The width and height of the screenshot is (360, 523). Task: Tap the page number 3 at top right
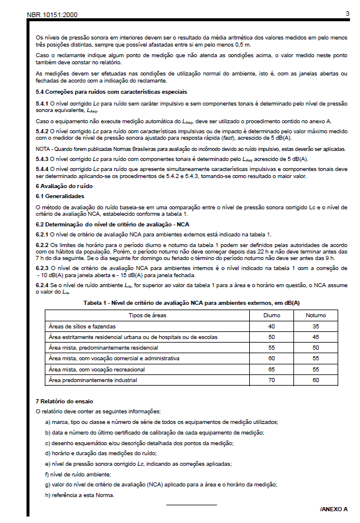click(348, 13)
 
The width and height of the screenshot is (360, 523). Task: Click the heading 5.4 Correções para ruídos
click(111, 92)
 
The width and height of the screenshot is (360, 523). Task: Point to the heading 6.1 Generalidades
click(60, 195)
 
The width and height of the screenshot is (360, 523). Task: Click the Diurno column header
click(272, 315)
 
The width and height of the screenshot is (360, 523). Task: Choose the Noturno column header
click(316, 315)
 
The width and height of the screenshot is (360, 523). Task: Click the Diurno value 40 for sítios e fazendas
click(272, 326)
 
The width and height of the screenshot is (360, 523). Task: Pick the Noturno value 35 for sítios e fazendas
click(316, 326)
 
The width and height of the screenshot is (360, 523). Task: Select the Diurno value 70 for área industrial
click(272, 380)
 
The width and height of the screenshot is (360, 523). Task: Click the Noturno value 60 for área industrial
click(316, 380)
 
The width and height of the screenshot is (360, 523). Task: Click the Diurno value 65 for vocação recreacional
click(272, 369)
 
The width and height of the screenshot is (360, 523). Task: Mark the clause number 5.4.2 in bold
click(42, 131)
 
